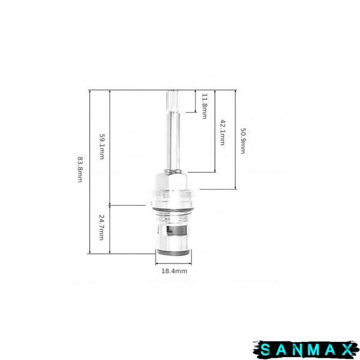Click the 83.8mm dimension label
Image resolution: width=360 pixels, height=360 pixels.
(80, 170)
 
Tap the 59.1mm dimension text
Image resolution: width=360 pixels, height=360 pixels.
(102, 147)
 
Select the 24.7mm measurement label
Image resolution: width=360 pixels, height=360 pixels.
(101, 227)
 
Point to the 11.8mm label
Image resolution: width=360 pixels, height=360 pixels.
(204, 106)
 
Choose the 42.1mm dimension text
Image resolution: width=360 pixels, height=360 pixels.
(223, 133)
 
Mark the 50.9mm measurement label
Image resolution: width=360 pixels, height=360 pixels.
(242, 140)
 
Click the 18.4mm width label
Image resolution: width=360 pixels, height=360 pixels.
(174, 271)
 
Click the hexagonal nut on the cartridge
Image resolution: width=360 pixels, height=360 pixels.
(172, 182)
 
